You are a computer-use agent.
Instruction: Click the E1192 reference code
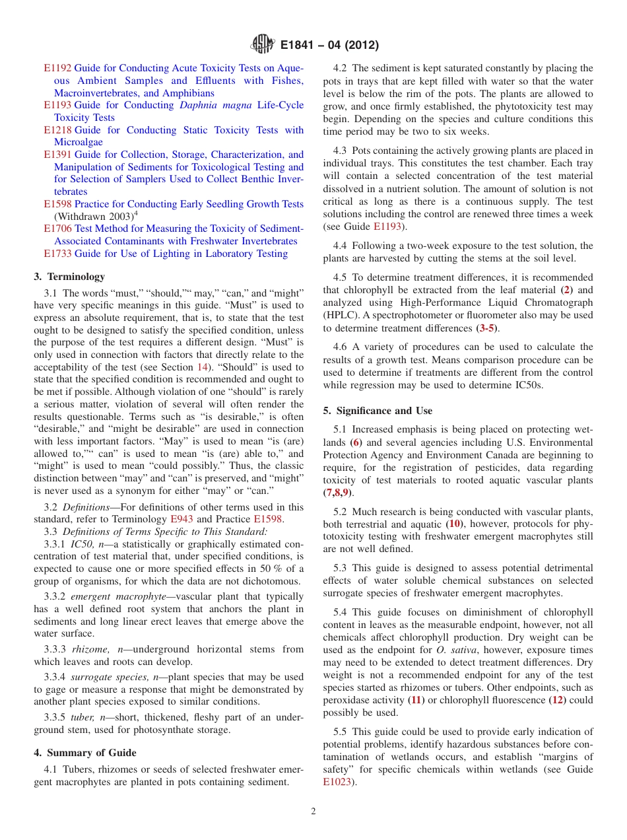click(x=57, y=68)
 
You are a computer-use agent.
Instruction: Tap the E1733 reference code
click(x=57, y=254)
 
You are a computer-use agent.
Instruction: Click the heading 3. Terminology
click(x=69, y=277)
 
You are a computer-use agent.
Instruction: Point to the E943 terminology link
click(x=181, y=519)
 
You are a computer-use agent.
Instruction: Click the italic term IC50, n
click(x=91, y=544)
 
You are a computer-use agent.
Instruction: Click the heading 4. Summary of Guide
click(x=85, y=753)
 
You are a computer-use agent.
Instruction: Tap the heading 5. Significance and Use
click(x=377, y=410)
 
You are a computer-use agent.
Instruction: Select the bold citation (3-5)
click(x=488, y=328)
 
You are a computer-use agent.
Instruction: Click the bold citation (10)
click(x=455, y=524)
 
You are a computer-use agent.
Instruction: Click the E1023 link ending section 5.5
click(x=337, y=782)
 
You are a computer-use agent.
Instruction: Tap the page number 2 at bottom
click(x=313, y=812)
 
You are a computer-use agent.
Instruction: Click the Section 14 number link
click(x=205, y=367)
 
